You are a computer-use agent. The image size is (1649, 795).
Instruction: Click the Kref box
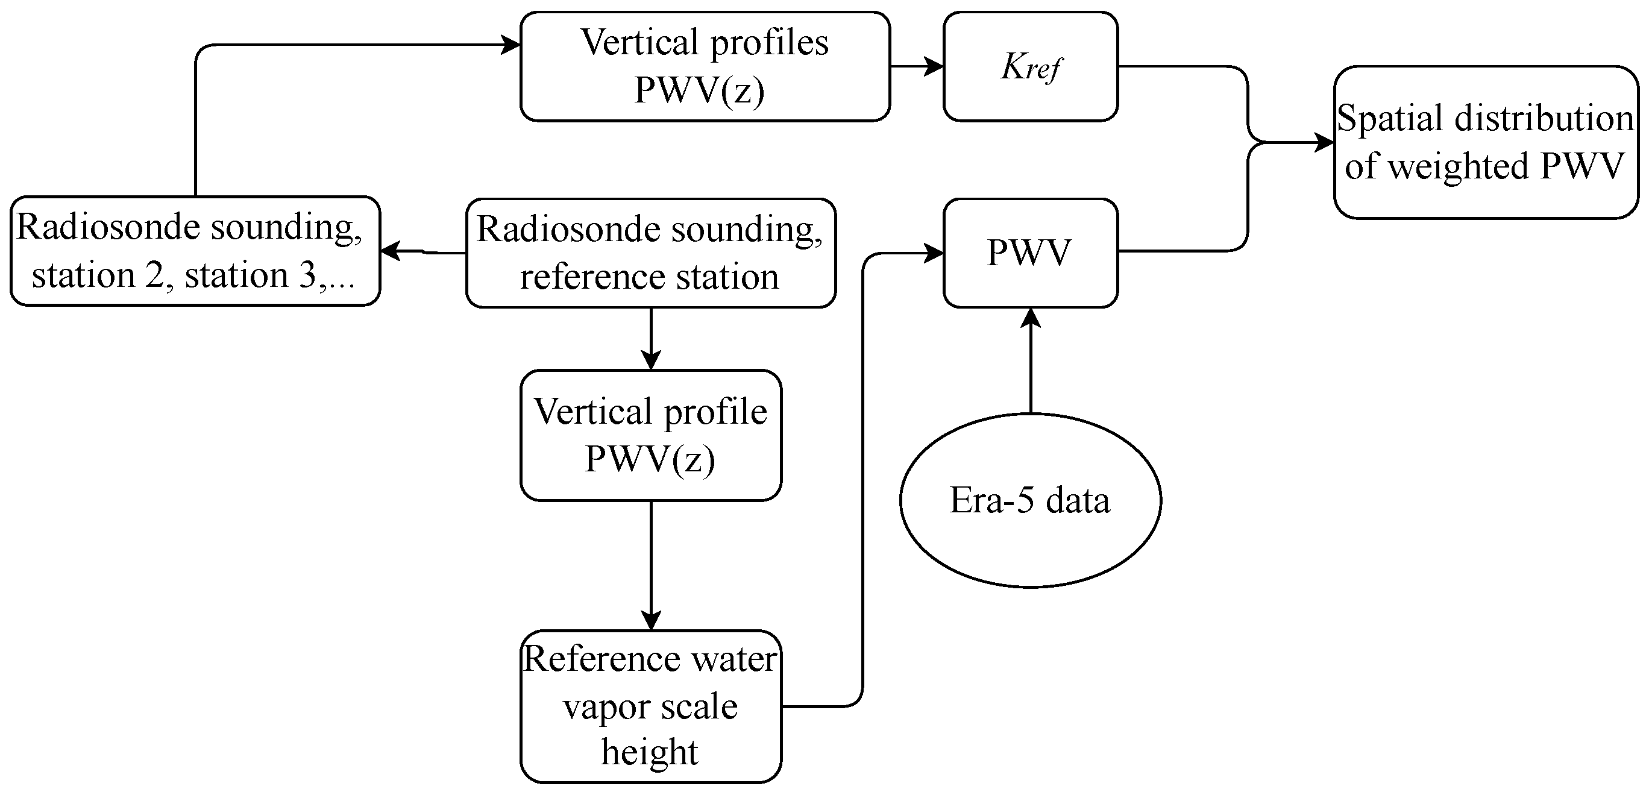pos(1031,66)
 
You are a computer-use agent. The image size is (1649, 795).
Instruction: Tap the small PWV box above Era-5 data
pos(1031,253)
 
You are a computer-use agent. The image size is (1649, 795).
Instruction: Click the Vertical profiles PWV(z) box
pos(705,66)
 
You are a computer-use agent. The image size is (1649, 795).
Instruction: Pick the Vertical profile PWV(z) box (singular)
pos(650,435)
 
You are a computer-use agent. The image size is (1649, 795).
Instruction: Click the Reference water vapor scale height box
pos(650,706)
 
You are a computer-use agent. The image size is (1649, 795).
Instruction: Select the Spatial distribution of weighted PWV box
pos(1486,142)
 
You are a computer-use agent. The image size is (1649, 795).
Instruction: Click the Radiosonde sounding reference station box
pos(650,253)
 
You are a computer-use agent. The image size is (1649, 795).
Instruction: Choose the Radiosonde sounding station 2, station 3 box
pos(195,251)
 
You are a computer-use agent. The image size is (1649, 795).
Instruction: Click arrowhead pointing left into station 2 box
pos(389,251)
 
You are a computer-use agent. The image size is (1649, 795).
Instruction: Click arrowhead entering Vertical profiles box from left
pos(511,45)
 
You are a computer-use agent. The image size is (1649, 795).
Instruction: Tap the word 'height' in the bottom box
pos(649,752)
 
